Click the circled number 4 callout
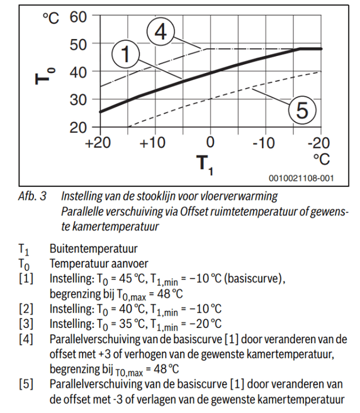point(160,31)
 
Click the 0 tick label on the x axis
point(210,143)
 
